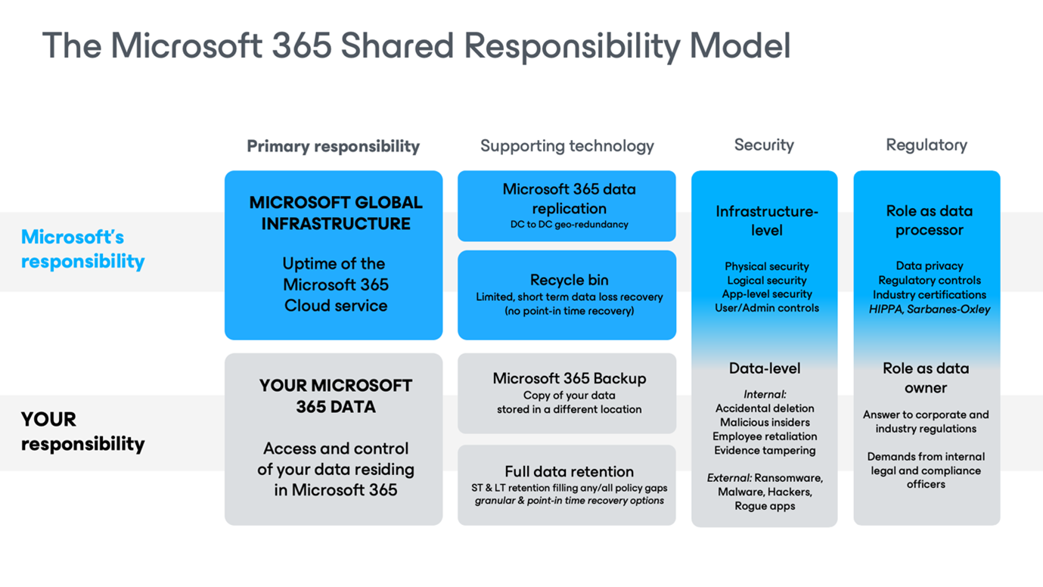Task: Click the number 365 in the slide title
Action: [302, 45]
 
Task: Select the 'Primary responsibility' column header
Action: [334, 146]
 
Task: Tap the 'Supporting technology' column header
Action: [567, 146]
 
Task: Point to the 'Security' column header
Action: [764, 144]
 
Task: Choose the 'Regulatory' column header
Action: [927, 144]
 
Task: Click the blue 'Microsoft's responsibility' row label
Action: [83, 249]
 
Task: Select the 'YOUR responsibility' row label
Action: [83, 431]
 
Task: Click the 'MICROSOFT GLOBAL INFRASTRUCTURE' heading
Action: [336, 213]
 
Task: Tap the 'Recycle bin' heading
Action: [569, 280]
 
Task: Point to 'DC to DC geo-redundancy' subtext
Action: [569, 225]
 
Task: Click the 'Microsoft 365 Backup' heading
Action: [570, 378]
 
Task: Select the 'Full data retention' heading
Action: [569, 471]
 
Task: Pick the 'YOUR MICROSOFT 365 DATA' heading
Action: [336, 396]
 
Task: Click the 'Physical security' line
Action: [767, 266]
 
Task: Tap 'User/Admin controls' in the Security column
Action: [767, 308]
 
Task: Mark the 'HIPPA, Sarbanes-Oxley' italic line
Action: [930, 309]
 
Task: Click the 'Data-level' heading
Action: [765, 368]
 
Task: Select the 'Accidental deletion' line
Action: [765, 408]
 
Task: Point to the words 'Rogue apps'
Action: [765, 506]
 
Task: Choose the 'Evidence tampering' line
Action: [765, 450]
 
